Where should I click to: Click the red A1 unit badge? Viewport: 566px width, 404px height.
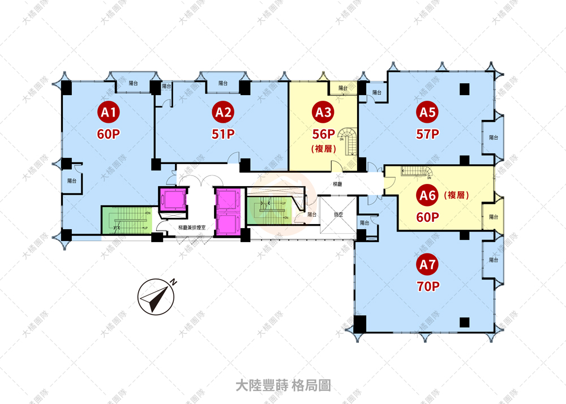(x=109, y=113)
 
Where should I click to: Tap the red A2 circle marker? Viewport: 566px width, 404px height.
(x=222, y=113)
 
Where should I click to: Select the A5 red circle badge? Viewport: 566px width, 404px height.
(x=427, y=113)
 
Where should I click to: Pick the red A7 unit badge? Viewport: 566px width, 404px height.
(x=427, y=265)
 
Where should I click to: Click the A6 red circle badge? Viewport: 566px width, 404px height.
(x=427, y=196)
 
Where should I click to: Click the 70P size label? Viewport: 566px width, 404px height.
(x=427, y=286)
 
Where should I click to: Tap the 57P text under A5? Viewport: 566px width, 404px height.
(x=427, y=134)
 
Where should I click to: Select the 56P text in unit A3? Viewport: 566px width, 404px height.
(x=324, y=134)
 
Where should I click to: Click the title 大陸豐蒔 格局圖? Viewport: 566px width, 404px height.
(x=283, y=386)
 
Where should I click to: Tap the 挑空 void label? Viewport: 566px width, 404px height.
(x=338, y=214)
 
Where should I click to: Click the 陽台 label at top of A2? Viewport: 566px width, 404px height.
(x=224, y=83)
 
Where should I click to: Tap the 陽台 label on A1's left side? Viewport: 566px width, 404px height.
(x=72, y=181)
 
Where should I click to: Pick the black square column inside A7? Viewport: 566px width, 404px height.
(x=465, y=322)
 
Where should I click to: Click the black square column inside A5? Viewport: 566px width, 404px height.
(x=465, y=88)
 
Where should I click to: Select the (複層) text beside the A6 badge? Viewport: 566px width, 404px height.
(x=458, y=195)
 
